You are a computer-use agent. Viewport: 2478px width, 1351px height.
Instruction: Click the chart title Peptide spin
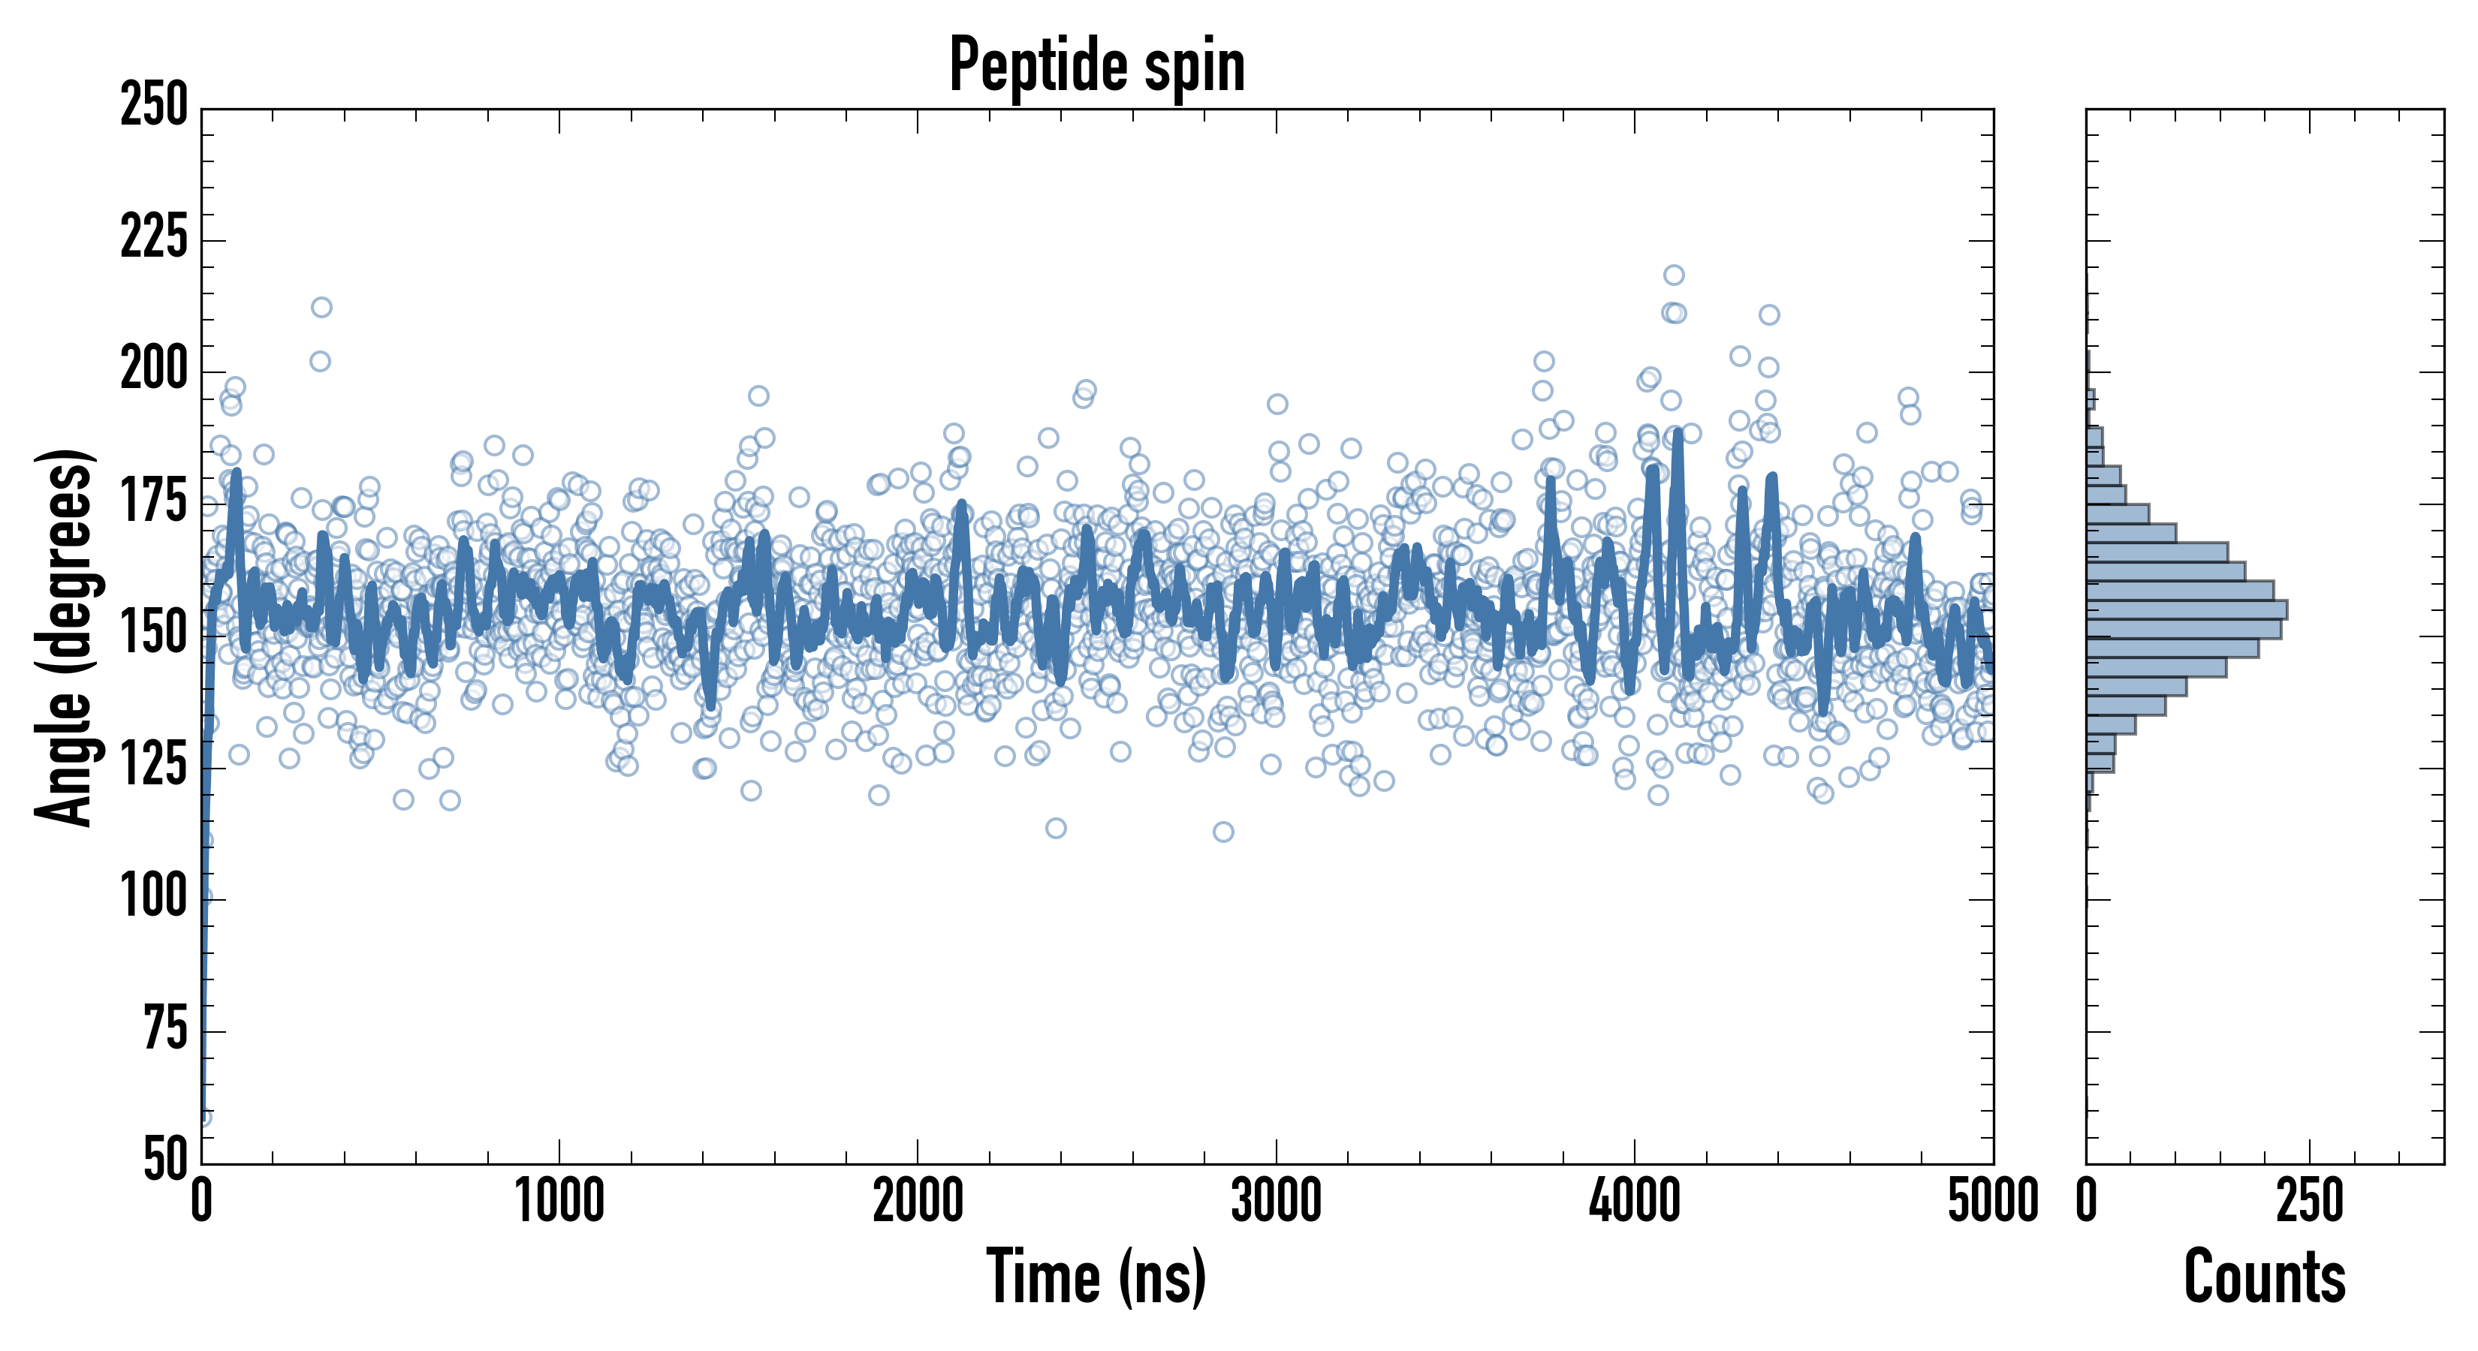pyautogui.click(x=1096, y=65)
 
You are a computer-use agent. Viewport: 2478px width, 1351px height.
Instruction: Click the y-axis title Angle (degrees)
pyautogui.click(x=64, y=636)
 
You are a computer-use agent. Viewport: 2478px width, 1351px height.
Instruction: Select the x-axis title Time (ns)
pyautogui.click(x=1096, y=1277)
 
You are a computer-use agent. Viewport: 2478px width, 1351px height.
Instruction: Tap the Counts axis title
pyautogui.click(x=2265, y=1277)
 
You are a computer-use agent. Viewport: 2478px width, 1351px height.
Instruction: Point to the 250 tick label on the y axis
pyautogui.click(x=154, y=105)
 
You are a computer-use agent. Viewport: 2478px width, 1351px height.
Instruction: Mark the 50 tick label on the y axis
pyautogui.click(x=164, y=1160)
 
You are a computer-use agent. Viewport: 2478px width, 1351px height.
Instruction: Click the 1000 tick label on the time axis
pyautogui.click(x=559, y=1201)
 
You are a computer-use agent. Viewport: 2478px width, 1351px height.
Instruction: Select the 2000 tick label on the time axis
pyautogui.click(x=918, y=1201)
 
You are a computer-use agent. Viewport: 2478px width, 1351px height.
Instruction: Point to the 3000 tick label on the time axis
pyautogui.click(x=1277, y=1201)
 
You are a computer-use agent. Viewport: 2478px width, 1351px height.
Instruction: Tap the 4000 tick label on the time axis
pyautogui.click(x=1635, y=1201)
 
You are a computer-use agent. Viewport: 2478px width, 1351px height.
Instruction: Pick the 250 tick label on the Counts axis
pyautogui.click(x=2310, y=1201)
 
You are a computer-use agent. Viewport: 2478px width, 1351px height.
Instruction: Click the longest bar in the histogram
pyautogui.click(x=2186, y=609)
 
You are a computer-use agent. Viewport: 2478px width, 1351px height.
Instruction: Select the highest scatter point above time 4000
pyautogui.click(x=1674, y=275)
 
